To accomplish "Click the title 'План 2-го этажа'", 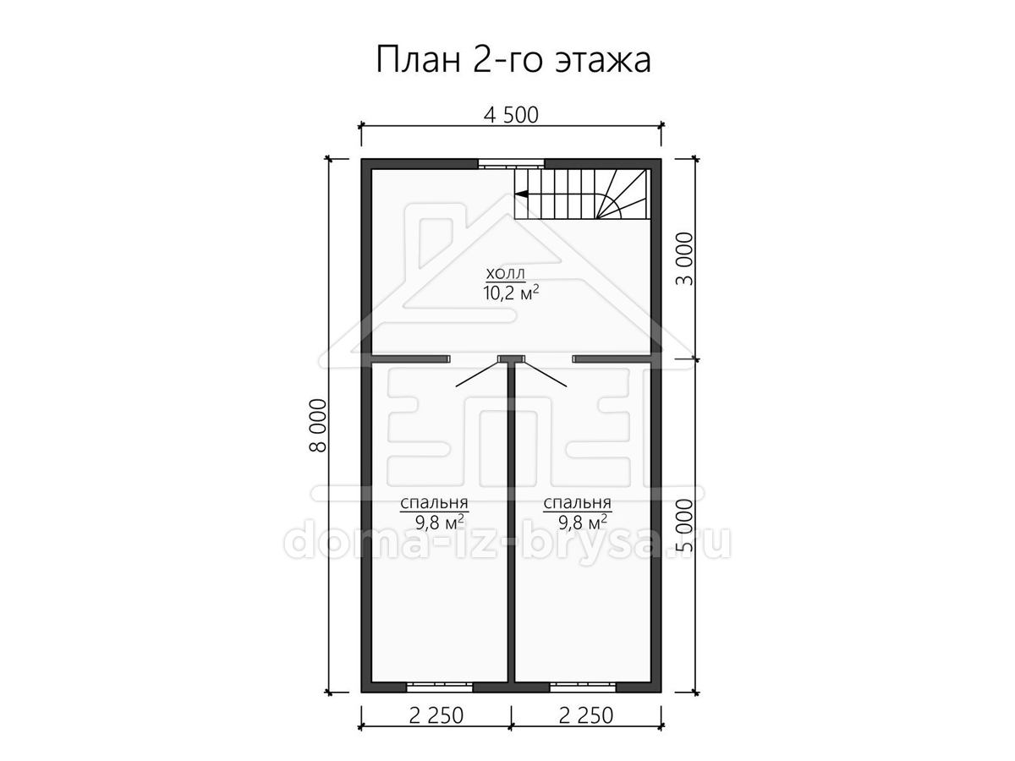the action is [x=513, y=59].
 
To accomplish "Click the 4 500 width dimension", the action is [x=511, y=116].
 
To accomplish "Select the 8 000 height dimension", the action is [x=319, y=425].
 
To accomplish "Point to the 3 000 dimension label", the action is [x=685, y=259].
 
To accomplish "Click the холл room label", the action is [x=506, y=274].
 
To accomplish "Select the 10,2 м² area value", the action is [x=511, y=293].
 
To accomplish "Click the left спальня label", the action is [x=434, y=502].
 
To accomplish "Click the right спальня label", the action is [x=577, y=502].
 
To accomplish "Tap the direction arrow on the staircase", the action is [x=522, y=194].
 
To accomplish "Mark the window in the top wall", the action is [x=511, y=164].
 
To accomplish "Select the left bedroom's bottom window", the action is [x=440, y=700].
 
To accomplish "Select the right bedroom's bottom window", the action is [x=583, y=700].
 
